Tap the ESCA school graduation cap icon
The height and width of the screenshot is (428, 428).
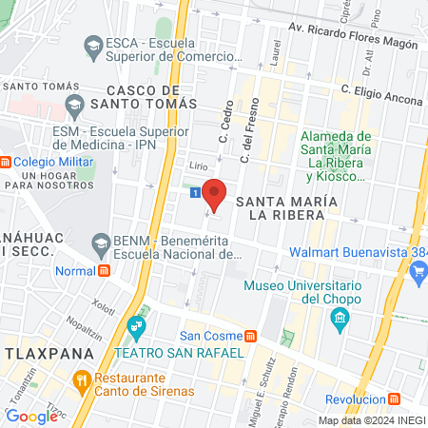(x=93, y=45)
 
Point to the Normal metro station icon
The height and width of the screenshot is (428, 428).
(x=104, y=270)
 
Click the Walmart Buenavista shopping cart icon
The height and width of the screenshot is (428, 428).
(x=418, y=271)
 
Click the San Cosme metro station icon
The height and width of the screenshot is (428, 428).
(x=250, y=336)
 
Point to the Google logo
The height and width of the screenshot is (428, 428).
(x=31, y=416)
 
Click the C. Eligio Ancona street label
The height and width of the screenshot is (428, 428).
(x=382, y=92)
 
